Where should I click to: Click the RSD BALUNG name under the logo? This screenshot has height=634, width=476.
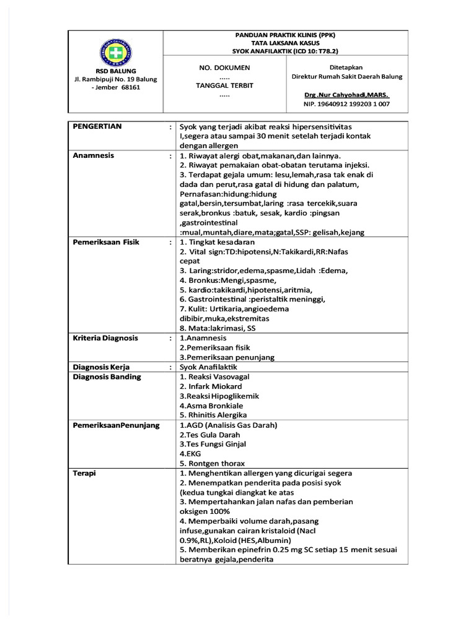click(115, 71)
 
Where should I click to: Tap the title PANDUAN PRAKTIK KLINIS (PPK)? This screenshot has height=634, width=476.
click(285, 35)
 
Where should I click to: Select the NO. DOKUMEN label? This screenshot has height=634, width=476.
click(224, 67)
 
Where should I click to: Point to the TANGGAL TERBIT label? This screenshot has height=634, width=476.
click(224, 85)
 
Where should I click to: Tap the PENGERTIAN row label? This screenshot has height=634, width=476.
click(97, 126)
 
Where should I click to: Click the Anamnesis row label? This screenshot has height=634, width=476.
click(94, 155)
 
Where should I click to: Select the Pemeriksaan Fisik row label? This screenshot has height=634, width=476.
click(106, 242)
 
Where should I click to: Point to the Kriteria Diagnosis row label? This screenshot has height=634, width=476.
click(105, 338)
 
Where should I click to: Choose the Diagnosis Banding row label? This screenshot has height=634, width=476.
click(107, 376)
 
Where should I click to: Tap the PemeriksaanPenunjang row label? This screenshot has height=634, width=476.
click(116, 425)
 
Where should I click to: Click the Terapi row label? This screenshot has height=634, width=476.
click(84, 473)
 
